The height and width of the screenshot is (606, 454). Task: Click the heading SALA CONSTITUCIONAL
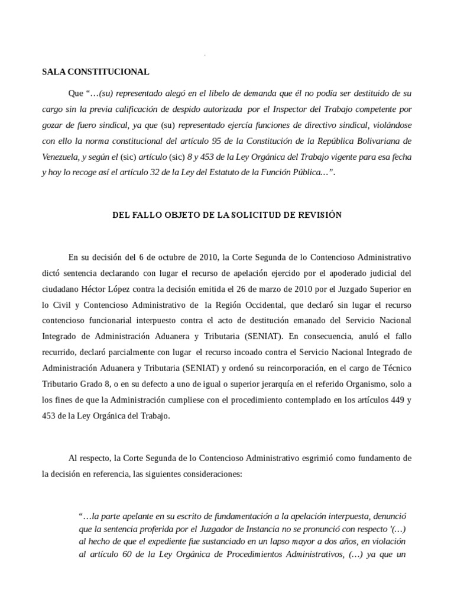pos(95,72)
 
